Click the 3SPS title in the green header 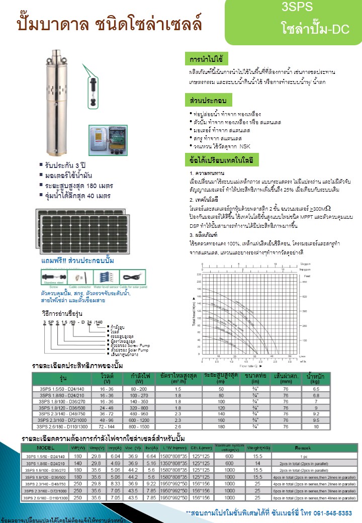click(x=298, y=7)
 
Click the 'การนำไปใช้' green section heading click(x=207, y=58)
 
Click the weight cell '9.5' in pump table click(x=316, y=419)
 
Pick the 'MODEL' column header click(x=46, y=447)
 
